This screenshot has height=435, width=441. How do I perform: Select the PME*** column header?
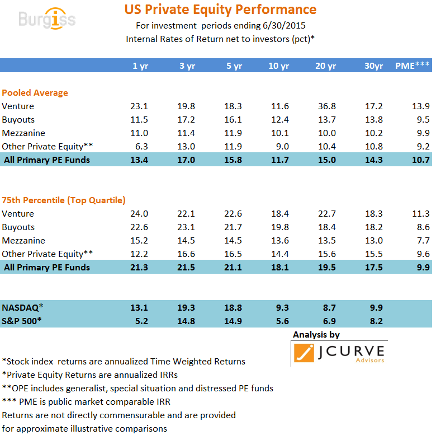click(x=412, y=66)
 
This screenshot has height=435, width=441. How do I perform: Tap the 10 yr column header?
click(x=278, y=66)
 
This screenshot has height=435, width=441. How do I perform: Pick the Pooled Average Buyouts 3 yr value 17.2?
click(x=187, y=120)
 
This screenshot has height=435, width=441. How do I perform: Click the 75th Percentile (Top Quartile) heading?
click(x=64, y=200)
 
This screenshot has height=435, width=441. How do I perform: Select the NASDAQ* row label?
click(x=22, y=307)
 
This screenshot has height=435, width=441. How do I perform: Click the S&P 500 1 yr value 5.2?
click(x=140, y=321)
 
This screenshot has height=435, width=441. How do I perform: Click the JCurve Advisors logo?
click(x=339, y=353)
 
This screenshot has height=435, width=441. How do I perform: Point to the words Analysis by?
click(x=316, y=335)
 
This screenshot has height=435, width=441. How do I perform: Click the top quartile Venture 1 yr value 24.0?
click(x=139, y=214)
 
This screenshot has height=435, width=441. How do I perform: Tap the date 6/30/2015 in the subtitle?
click(x=282, y=26)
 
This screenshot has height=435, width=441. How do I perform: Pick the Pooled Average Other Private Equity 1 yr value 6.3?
click(x=140, y=147)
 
